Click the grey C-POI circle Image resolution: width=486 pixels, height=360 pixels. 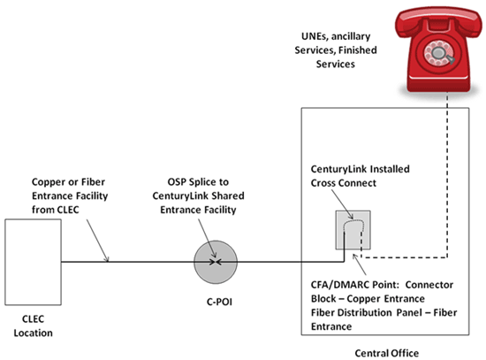pos(217,262)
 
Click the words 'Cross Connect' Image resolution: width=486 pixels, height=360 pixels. pos(346,183)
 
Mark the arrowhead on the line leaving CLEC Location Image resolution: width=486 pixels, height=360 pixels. pos(109,261)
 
